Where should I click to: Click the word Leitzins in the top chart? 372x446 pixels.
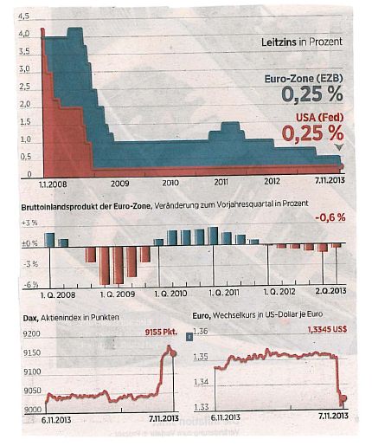pos(279,42)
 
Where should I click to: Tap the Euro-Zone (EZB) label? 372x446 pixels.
pos(304,79)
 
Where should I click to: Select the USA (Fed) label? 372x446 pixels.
pos(319,118)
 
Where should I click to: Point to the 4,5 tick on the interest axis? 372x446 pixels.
pos(24,16)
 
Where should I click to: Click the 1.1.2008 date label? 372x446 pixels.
pos(53,184)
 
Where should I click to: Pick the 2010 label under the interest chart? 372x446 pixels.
pos(170,183)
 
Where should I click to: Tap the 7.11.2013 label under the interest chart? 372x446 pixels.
pos(330,180)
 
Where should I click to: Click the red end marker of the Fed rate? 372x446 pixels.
pos(342,166)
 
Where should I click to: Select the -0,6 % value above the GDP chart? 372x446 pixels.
pos(330,217)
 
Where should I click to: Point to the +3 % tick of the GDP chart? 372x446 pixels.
pos(29,223)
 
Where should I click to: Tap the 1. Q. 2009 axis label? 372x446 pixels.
pos(118,294)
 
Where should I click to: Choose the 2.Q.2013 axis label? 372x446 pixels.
pos(330,291)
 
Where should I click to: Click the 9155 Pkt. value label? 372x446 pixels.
pos(161,332)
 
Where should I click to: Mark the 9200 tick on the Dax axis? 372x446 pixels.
pos(32,334)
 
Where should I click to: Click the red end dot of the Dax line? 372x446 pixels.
pos(173,353)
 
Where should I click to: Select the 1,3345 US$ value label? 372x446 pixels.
pos(327,329)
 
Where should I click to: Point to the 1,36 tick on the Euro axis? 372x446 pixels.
pos(201,331)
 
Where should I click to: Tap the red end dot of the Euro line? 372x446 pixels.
pos(343,398)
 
